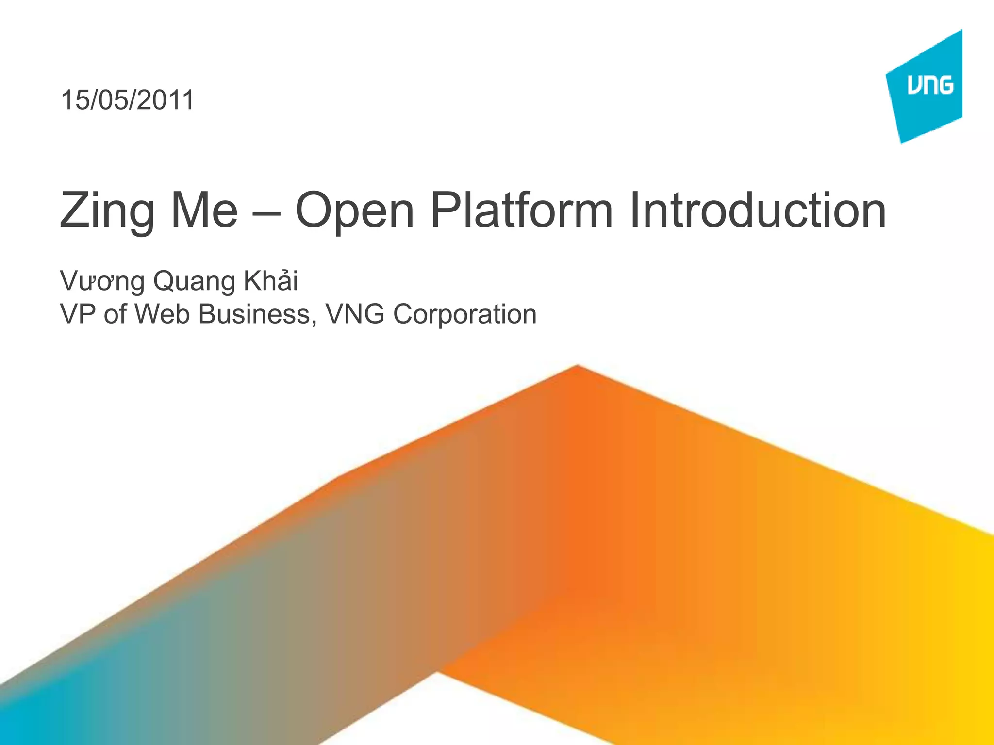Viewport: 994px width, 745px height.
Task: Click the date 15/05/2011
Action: coord(127,100)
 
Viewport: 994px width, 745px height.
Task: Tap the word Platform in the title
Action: coord(522,211)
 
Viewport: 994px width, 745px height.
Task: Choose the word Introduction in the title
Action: coord(757,211)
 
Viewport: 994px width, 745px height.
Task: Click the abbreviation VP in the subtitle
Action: coord(77,314)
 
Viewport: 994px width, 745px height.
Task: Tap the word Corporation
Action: coord(464,315)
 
